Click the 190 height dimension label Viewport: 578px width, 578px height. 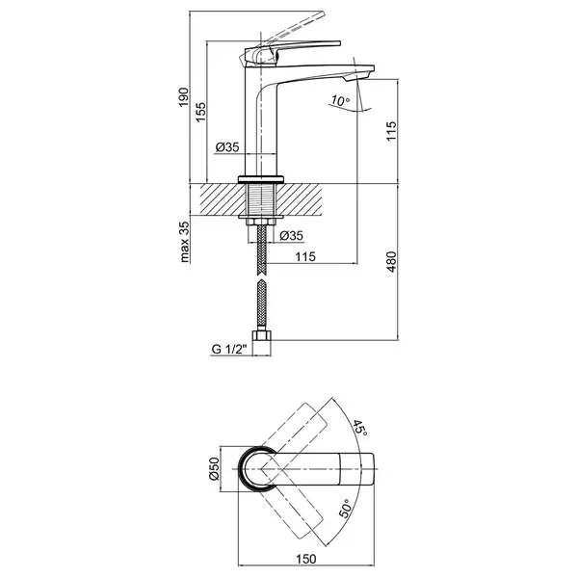tap(184, 97)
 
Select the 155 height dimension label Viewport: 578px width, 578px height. tap(200, 113)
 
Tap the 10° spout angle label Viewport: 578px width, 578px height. tap(340, 100)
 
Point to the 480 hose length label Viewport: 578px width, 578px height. tap(391, 262)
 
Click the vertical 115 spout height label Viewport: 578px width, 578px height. tap(391, 131)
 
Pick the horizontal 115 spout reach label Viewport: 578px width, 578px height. tap(305, 256)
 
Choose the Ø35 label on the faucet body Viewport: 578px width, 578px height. tap(227, 147)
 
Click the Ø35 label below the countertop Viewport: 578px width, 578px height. tap(291, 235)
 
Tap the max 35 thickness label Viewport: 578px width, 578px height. tap(184, 242)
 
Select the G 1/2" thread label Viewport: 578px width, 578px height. tap(228, 349)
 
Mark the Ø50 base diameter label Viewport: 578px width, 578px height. tap(214, 469)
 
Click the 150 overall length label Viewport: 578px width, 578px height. tap(306, 559)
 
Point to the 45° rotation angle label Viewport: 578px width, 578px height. tap(359, 428)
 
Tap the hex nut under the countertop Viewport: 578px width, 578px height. tap(261, 222)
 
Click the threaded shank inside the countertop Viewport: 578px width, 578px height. tap(261, 199)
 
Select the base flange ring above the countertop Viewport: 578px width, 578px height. tap(261, 179)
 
